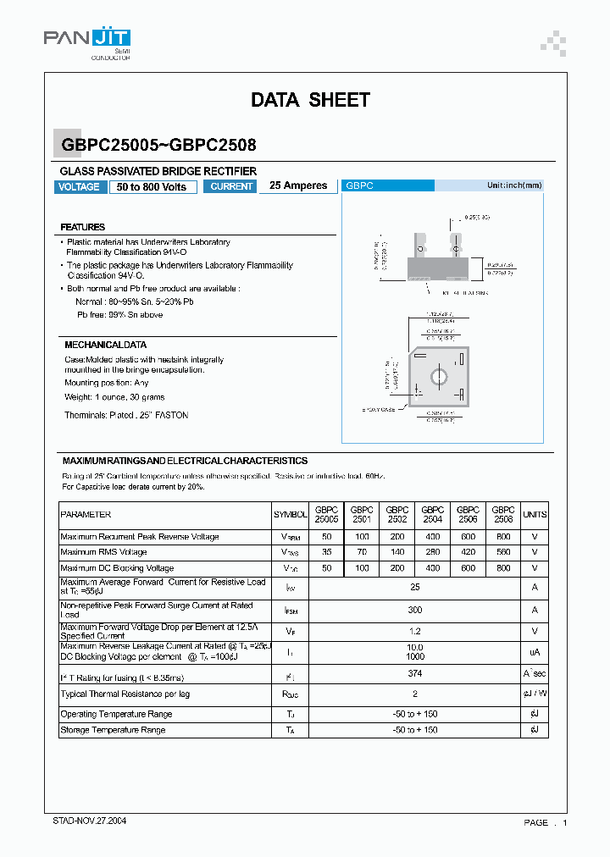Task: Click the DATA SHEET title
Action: click(310, 100)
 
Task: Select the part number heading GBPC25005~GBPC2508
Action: click(158, 145)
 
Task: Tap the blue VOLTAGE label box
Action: click(80, 186)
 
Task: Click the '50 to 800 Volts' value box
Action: click(152, 186)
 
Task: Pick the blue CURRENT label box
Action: click(231, 186)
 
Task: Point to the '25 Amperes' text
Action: click(298, 185)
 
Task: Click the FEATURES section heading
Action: click(83, 227)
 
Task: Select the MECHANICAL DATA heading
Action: click(105, 345)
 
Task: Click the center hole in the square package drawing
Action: click(439, 375)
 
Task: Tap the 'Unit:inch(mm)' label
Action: click(513, 185)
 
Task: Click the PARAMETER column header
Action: click(86, 515)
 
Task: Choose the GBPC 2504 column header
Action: click(432, 515)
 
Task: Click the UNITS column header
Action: click(535, 515)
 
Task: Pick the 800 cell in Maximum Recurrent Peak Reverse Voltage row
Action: click(503, 537)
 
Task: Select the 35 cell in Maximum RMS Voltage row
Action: click(326, 552)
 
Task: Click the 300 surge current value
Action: click(414, 610)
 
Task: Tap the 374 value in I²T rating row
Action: click(414, 673)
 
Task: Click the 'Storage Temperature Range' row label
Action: click(113, 730)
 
